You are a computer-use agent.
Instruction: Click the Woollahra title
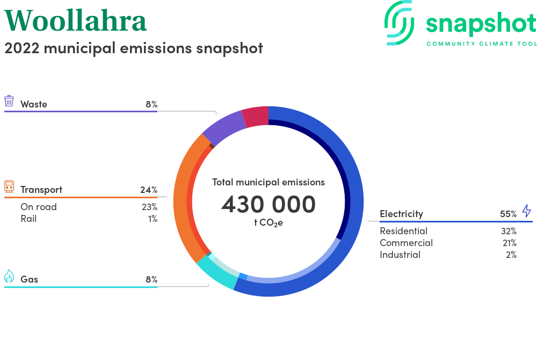tap(75, 20)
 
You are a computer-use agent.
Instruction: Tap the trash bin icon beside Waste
tap(9, 101)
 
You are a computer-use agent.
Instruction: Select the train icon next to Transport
tap(9, 186)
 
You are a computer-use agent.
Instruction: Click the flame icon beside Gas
tap(9, 276)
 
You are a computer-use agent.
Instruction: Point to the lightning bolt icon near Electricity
tap(527, 211)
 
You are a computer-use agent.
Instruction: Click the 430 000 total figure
tap(268, 205)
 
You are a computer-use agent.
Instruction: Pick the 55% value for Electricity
tap(508, 214)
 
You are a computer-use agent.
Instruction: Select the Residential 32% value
tap(509, 231)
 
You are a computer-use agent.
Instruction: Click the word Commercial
tap(406, 243)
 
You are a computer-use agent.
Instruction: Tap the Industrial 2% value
tap(511, 255)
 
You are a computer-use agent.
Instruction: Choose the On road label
tap(39, 207)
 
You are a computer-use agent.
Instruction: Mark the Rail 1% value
tap(153, 219)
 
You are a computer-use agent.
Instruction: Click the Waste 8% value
tap(151, 104)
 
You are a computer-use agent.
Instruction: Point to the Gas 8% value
tap(151, 279)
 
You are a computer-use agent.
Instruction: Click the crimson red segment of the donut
tap(256, 117)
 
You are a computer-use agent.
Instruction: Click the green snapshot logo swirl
tap(400, 23)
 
